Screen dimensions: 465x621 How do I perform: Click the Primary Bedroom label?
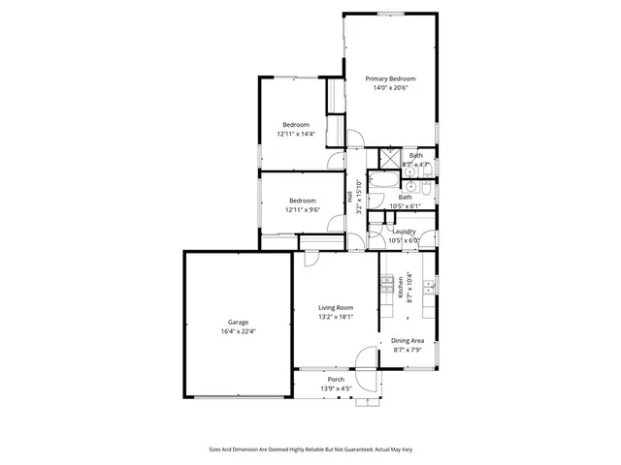390,78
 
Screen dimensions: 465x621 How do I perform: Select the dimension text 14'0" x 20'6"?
390,88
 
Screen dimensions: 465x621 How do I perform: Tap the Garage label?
238,322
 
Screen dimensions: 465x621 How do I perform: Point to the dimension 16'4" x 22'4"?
238,331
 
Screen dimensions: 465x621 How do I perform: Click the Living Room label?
336,307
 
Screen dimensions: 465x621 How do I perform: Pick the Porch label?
336,379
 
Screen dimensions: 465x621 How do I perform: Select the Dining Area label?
407,340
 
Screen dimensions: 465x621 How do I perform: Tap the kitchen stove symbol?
386,286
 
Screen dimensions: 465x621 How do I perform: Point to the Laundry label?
405,232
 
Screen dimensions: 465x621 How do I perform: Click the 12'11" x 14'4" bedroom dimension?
296,135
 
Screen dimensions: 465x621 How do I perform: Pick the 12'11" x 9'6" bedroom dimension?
303,210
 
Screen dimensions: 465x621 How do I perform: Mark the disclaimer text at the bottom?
310,449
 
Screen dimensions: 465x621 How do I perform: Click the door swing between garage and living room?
310,259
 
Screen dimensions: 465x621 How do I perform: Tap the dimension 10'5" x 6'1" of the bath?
405,206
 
